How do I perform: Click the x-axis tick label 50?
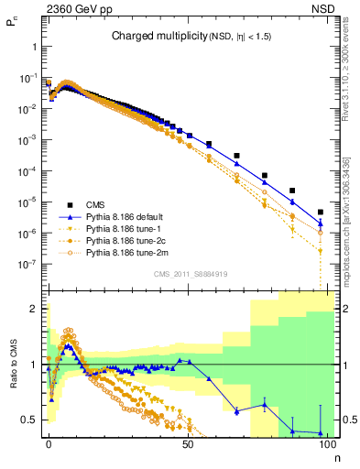188,443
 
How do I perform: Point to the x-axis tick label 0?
49,443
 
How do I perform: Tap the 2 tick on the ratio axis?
33,309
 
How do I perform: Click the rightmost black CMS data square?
320,212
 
